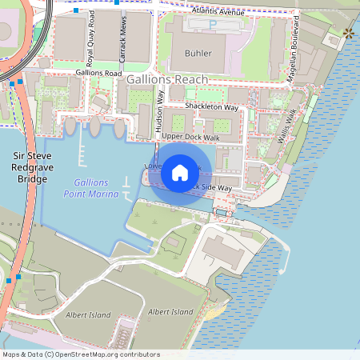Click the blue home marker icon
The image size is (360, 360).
tap(180, 172)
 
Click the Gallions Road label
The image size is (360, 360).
tap(98, 72)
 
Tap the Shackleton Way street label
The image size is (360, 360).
tap(211, 106)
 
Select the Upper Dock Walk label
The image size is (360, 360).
tap(190, 138)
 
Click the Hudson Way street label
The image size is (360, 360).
tap(160, 111)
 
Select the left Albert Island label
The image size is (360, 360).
tap(88, 315)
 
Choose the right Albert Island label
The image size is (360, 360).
tap(170, 311)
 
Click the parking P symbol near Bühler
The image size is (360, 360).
tap(212, 25)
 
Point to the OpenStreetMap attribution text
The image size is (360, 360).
tap(81, 354)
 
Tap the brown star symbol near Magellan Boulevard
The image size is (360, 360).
tap(349, 33)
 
